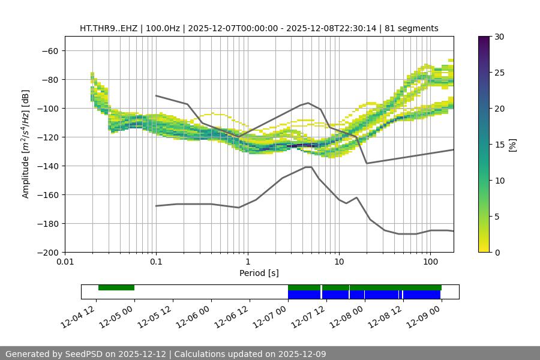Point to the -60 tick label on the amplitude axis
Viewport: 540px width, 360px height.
pos(49,51)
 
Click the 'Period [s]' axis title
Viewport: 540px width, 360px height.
pos(259,273)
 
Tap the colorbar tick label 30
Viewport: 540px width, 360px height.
pos(499,37)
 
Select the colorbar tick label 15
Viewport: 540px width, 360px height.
pos(499,145)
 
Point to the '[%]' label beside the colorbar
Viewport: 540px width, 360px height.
pos(512,145)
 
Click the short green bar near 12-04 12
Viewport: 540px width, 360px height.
pos(116,287)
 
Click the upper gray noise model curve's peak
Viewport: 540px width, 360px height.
pos(308,103)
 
